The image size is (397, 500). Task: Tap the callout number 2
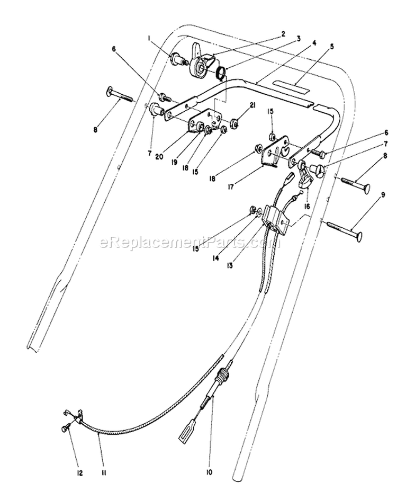point(283,33)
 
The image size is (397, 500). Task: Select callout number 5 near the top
point(332,47)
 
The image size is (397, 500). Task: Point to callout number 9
point(383,194)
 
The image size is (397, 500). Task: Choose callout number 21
point(254,105)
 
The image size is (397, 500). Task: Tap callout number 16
point(307,207)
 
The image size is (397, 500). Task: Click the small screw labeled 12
point(65,429)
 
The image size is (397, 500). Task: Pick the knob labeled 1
point(176,59)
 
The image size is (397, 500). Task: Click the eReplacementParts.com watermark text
point(190,242)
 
